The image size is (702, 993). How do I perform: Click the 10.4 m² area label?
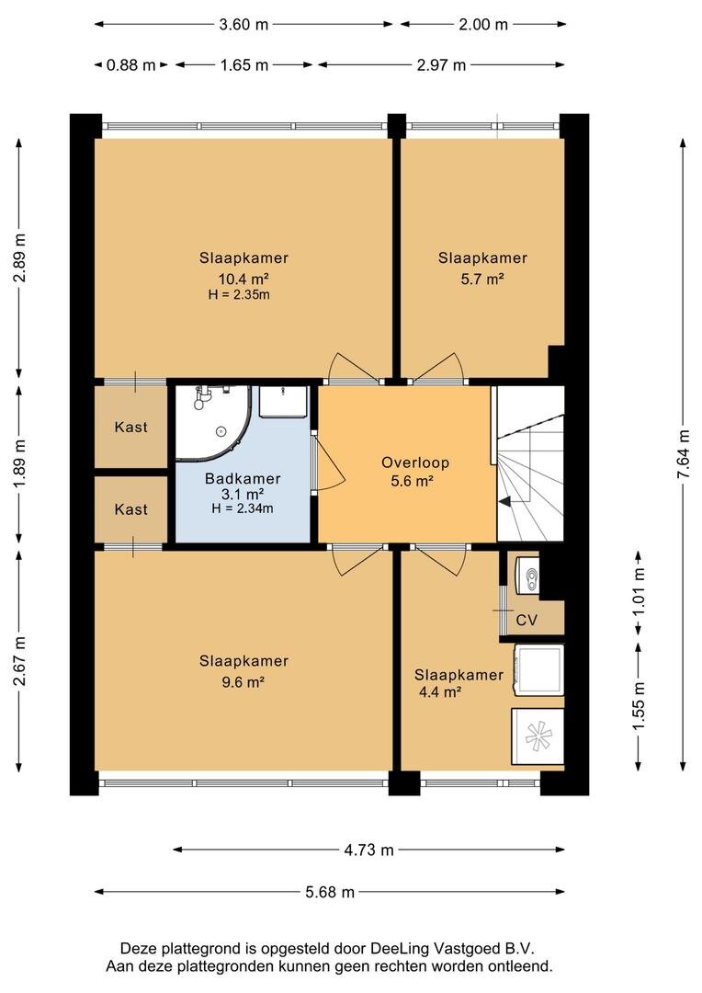pyautogui.click(x=243, y=279)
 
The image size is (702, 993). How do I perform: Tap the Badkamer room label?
pyautogui.click(x=243, y=479)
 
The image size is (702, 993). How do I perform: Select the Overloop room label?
pyautogui.click(x=415, y=462)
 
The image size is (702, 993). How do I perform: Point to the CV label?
pyautogui.click(x=526, y=620)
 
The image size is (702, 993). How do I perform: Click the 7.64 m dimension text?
pyautogui.click(x=683, y=455)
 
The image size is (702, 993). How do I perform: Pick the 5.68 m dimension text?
pyautogui.click(x=330, y=892)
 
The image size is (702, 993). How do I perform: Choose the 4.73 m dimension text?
pyautogui.click(x=369, y=850)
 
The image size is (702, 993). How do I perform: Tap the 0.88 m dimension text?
pyautogui.click(x=131, y=64)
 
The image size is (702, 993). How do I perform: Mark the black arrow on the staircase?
pyautogui.click(x=505, y=502)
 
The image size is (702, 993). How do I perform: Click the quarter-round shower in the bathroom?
pyautogui.click(x=213, y=420)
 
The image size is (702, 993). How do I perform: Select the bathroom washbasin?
pyautogui.click(x=284, y=401)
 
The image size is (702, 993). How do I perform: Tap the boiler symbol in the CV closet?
pyautogui.click(x=527, y=576)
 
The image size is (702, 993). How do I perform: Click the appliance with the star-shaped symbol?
pyautogui.click(x=538, y=736)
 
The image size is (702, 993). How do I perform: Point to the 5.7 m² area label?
pyautogui.click(x=482, y=279)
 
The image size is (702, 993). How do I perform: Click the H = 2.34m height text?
pyautogui.click(x=243, y=508)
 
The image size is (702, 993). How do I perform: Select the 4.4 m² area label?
pyautogui.click(x=440, y=691)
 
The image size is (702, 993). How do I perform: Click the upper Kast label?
pyautogui.click(x=131, y=427)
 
